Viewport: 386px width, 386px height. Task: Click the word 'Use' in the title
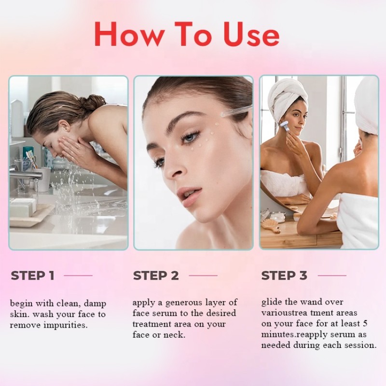pyautogui.click(x=251, y=35)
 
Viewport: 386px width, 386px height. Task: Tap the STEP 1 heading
pyautogui.click(x=32, y=276)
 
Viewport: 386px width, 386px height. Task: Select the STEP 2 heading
pyautogui.click(x=156, y=276)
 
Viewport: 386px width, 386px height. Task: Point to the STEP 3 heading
pyautogui.click(x=284, y=276)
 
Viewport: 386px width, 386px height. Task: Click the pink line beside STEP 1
pyautogui.click(x=78, y=276)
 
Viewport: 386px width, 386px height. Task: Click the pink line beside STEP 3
pyautogui.click(x=331, y=276)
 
